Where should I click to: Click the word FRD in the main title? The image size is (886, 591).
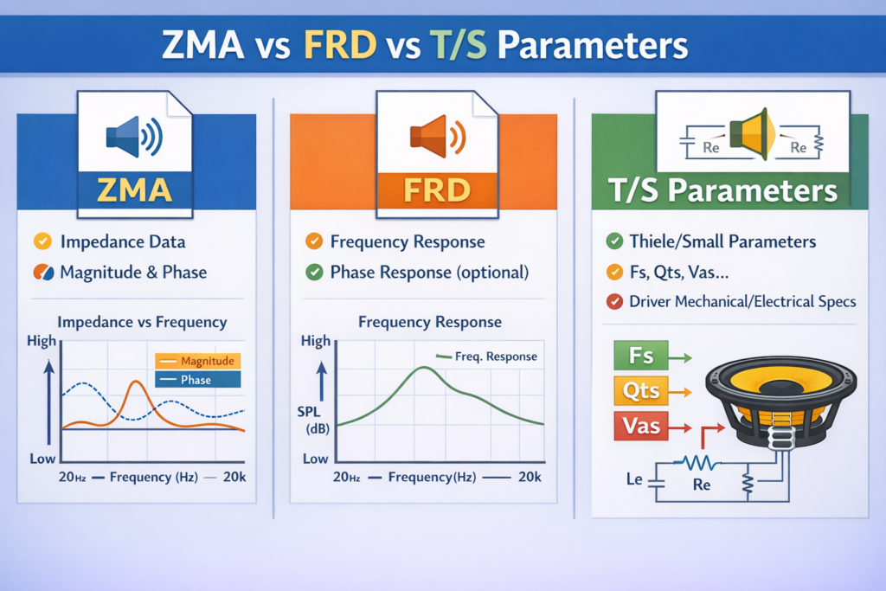(x=340, y=45)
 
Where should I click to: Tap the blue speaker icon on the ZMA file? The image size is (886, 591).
(x=134, y=136)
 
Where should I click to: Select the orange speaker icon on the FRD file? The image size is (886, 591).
(x=438, y=136)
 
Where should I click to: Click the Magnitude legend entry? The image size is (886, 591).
(x=198, y=361)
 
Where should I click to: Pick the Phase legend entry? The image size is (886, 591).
(x=198, y=380)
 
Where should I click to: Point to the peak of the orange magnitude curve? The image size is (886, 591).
(x=136, y=382)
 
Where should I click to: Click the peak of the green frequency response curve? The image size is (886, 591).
(x=424, y=368)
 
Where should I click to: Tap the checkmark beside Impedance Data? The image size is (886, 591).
(x=42, y=241)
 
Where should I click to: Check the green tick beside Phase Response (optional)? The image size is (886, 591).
(x=314, y=273)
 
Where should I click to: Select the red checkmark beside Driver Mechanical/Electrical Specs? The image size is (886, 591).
(x=614, y=302)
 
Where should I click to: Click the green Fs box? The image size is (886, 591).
(x=641, y=356)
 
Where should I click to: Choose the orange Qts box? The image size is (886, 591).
(x=641, y=390)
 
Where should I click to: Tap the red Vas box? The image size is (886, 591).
(x=641, y=426)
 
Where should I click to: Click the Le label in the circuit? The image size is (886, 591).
(x=634, y=479)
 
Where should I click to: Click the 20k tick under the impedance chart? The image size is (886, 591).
(x=234, y=477)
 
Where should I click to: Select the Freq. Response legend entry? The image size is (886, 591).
(x=486, y=357)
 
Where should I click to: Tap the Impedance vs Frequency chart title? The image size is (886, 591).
(x=142, y=322)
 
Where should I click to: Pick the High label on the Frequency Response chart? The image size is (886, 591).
(x=315, y=341)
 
